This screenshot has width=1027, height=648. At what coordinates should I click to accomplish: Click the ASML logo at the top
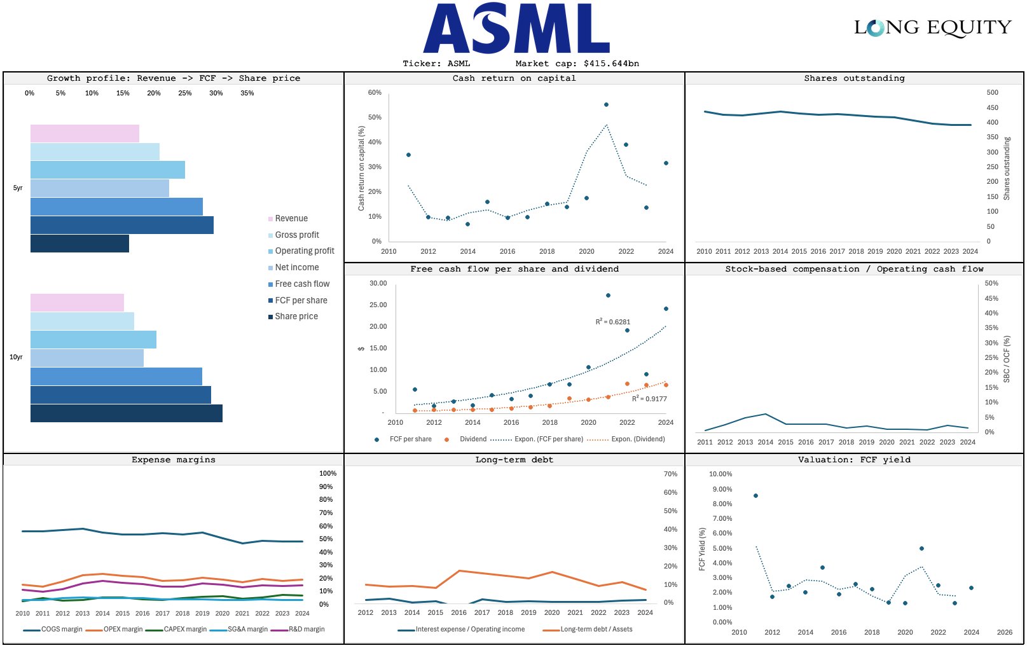(x=516, y=29)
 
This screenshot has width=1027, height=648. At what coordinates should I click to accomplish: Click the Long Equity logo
(x=932, y=27)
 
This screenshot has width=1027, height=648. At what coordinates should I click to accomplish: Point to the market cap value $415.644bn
(x=611, y=64)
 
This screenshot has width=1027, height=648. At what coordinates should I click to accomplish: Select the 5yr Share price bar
(x=79, y=244)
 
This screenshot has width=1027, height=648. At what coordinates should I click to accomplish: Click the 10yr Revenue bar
(x=77, y=303)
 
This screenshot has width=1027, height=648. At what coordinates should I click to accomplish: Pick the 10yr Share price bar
(x=126, y=413)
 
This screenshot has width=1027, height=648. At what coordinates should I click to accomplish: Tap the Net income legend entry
(x=296, y=268)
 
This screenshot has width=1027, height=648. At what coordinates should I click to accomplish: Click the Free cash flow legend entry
(x=302, y=284)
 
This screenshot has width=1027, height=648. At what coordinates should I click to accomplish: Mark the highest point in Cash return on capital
(x=606, y=104)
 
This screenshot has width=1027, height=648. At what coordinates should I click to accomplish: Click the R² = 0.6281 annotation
(x=612, y=322)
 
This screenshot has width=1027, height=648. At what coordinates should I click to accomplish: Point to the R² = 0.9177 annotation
(x=649, y=399)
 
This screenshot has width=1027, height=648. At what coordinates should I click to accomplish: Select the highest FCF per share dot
(x=608, y=296)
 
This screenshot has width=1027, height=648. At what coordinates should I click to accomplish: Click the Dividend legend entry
(x=472, y=439)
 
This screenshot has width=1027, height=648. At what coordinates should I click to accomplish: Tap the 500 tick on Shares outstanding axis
(x=992, y=93)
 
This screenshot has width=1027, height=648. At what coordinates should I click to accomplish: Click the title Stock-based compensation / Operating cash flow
(x=854, y=269)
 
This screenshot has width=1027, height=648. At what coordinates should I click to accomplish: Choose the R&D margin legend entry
(x=306, y=630)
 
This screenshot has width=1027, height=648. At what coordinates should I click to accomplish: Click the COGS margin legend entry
(x=61, y=630)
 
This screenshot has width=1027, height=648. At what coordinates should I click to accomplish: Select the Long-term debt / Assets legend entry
(x=596, y=630)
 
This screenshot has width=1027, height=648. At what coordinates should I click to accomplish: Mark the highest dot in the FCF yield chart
(x=755, y=495)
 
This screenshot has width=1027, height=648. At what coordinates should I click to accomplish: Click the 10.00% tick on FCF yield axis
(x=720, y=474)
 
